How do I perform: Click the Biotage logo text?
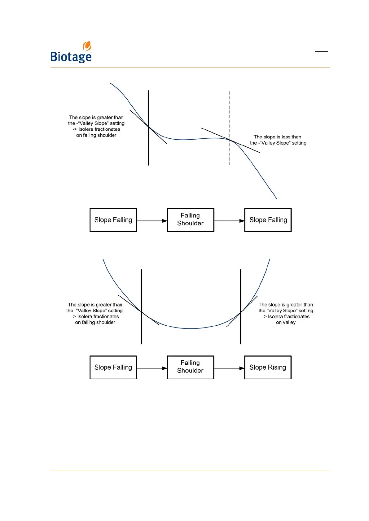[71, 57]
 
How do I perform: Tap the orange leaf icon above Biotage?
[87, 46]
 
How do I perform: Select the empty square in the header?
[321, 57]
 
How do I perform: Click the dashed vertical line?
[229, 111]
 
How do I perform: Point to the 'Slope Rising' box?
[268, 367]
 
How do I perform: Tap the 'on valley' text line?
[286, 323]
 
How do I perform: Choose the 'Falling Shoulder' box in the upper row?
[191, 220]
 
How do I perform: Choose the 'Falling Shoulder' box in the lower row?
[191, 367]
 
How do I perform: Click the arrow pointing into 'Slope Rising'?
[229, 368]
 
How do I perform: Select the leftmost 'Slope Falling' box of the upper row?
[113, 220]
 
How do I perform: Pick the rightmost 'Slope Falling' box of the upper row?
[268, 220]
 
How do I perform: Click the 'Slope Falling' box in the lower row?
[113, 367]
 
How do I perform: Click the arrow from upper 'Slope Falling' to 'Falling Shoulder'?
[152, 221]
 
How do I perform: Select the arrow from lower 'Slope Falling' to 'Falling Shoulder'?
[152, 368]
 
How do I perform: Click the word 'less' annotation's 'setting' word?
[299, 143]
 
